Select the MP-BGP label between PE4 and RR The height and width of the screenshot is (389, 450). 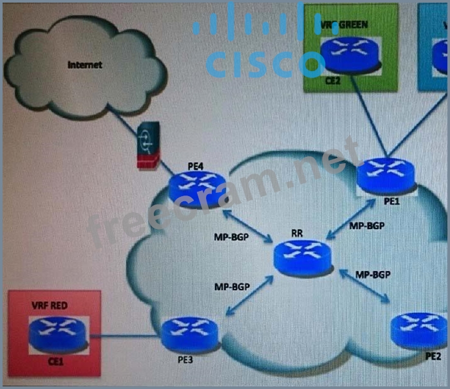232,238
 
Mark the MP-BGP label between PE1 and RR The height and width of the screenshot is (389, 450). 368,226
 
